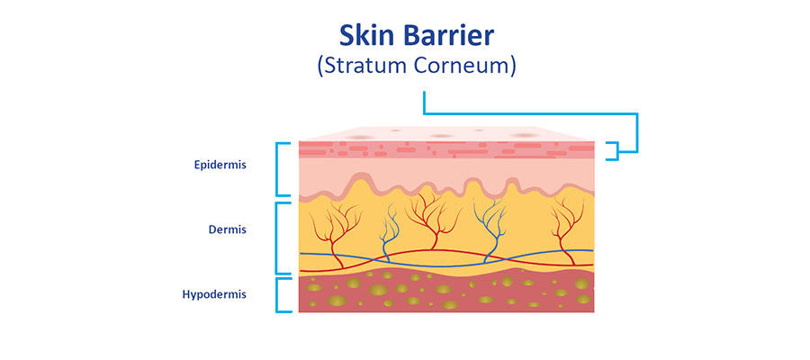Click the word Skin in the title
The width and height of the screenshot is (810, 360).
point(365,36)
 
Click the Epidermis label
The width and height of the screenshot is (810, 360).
point(220,166)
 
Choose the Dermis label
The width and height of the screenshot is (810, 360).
point(228,229)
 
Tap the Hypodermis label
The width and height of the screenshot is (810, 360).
point(214,295)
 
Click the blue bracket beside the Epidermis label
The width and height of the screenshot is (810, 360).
point(277,169)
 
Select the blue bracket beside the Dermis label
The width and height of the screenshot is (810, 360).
point(277,238)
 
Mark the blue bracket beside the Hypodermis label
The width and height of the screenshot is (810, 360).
point(277,295)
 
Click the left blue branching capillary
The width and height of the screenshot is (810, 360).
point(389,232)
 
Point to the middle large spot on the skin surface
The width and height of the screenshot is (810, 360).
point(442,137)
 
